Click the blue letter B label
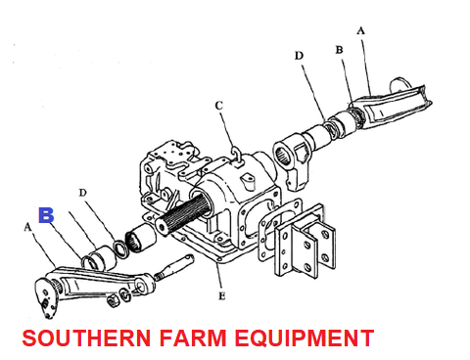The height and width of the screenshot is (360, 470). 46,215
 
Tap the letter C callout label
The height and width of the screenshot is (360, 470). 219,106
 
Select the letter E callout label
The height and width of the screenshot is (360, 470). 222,295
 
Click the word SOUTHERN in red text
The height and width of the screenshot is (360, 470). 86,338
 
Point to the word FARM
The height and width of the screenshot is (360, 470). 193,338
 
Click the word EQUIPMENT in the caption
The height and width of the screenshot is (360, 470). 305,338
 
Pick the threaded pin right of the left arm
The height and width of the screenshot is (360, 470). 174,268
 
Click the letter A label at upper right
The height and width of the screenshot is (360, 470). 360,31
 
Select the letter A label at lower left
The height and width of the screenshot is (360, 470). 28,227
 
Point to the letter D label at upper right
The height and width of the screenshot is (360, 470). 299,56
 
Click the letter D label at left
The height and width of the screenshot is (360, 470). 83,193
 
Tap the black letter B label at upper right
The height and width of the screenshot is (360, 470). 339,50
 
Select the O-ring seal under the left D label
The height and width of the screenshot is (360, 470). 119,249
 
